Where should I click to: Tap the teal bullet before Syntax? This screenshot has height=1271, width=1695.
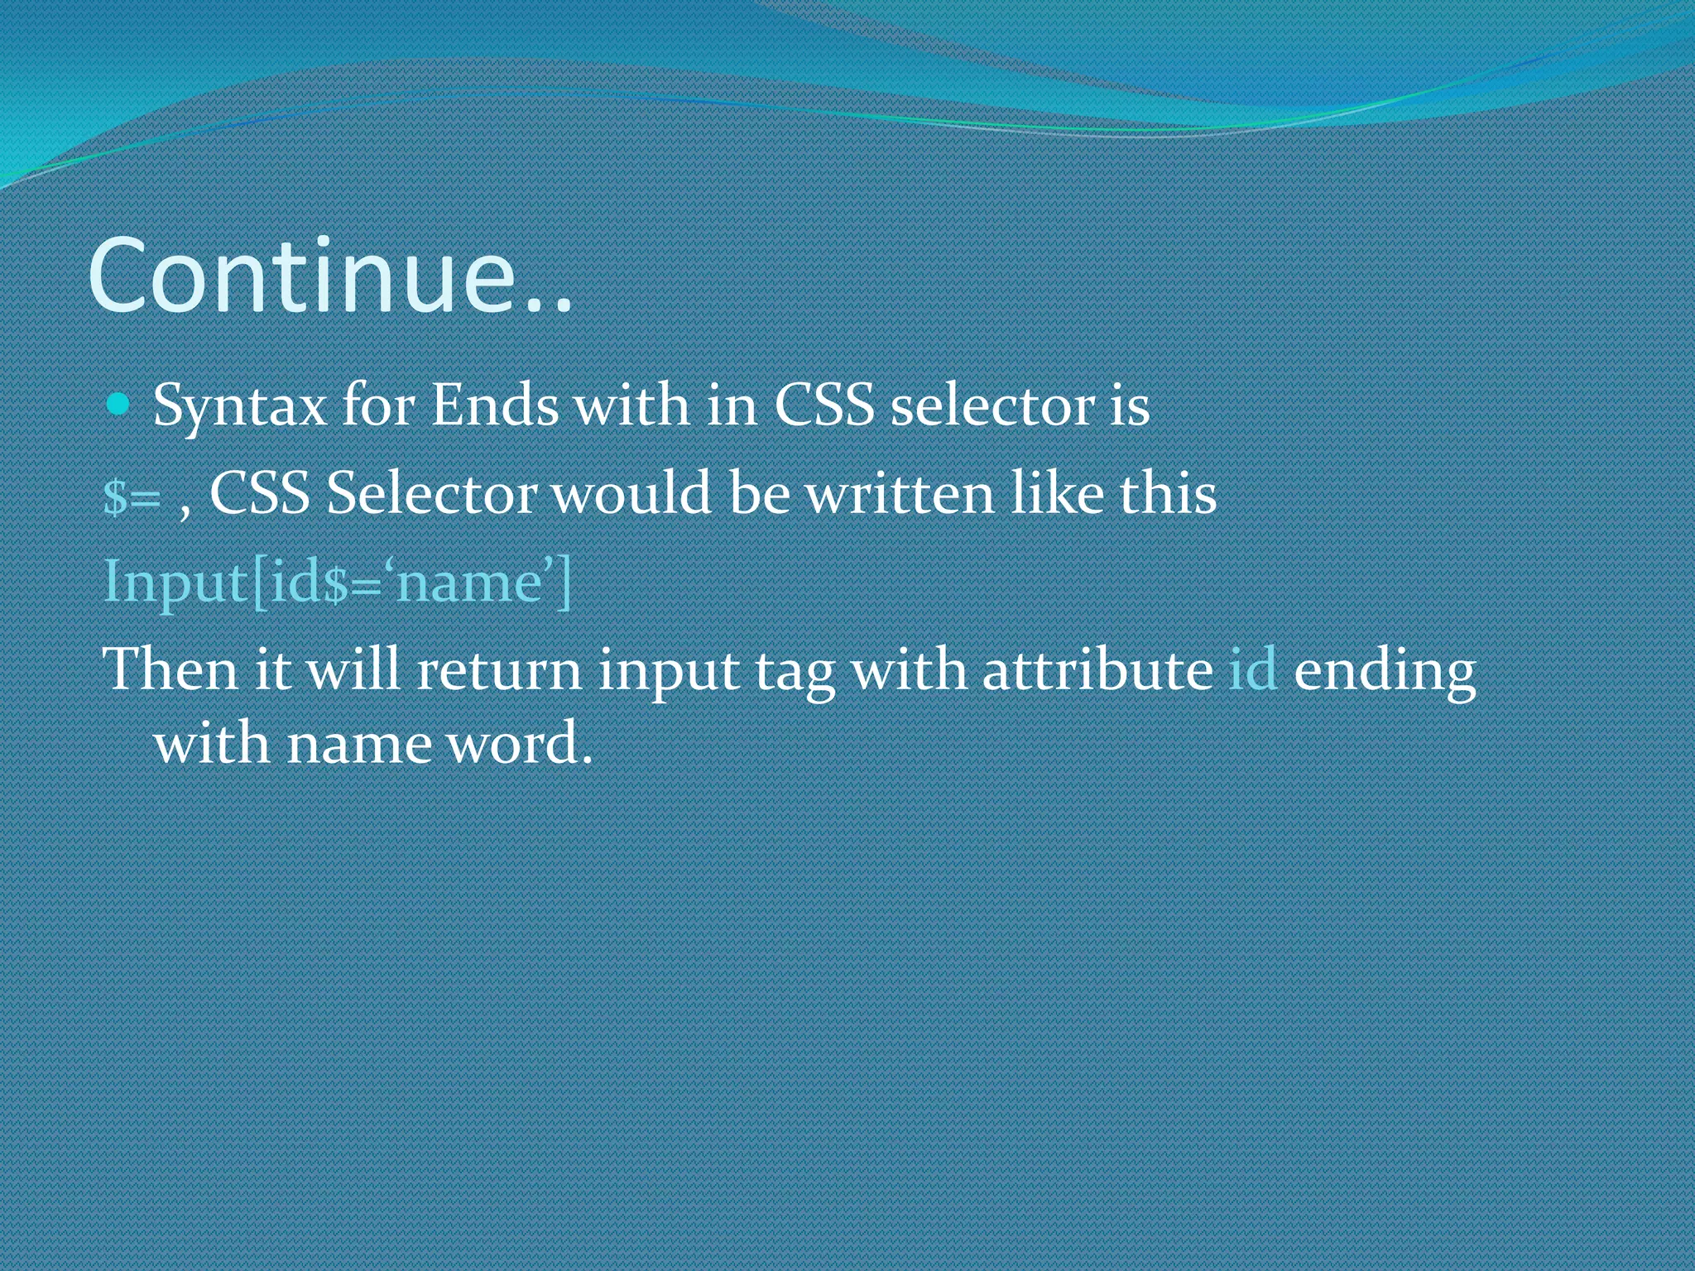click(x=120, y=405)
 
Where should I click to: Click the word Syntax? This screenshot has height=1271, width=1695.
click(x=240, y=407)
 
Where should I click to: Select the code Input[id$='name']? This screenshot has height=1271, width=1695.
click(x=338, y=583)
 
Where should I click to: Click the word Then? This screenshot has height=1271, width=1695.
click(x=170, y=669)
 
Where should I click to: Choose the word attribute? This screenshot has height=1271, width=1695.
click(x=1097, y=669)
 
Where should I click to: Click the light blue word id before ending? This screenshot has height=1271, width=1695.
click(x=1252, y=669)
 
